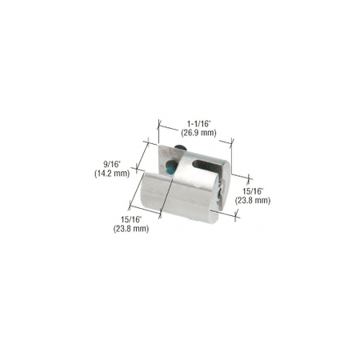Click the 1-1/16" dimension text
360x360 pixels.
(198, 124)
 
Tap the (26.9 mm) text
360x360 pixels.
(198, 133)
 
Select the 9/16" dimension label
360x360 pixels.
(112, 165)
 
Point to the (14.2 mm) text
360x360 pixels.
(112, 174)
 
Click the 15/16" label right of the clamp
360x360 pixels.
(253, 191)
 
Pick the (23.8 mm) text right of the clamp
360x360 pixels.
(253, 200)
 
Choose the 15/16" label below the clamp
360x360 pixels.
(131, 220)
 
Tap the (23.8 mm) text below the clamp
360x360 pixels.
(131, 229)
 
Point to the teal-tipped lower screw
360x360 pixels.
(170, 167)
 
